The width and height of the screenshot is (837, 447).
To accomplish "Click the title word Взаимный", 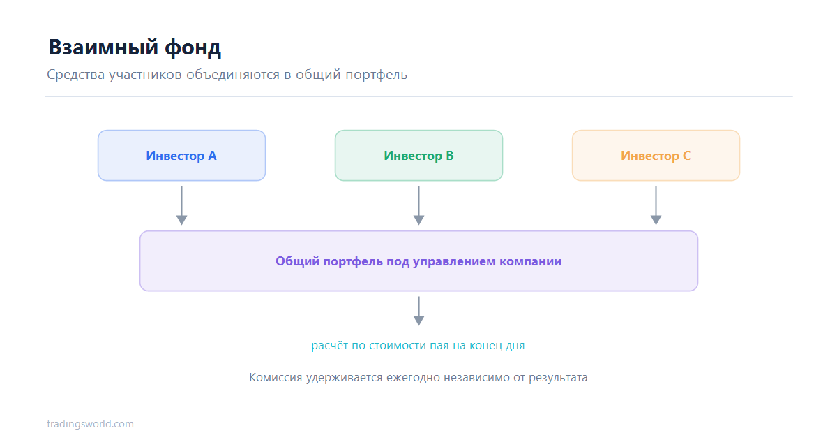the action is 103,47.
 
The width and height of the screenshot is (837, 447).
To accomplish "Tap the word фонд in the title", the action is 193,48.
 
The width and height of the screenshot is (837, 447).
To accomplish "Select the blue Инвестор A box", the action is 181,156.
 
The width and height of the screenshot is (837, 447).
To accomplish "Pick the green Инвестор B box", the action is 419,156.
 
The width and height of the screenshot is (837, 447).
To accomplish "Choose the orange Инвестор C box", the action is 656,156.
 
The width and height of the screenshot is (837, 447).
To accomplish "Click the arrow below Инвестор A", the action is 181,206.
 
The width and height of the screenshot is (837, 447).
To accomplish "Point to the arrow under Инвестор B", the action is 419,206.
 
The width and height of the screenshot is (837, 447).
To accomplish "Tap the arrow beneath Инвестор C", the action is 656,206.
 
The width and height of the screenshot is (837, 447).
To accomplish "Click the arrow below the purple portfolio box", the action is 419,312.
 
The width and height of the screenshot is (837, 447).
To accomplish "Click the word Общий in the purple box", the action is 297,261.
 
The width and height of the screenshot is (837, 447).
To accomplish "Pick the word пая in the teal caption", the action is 439,346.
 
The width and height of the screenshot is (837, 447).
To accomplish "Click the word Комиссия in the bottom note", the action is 276,377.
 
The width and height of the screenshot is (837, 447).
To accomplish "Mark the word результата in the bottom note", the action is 558,378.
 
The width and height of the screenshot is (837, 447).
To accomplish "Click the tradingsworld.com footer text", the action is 90,424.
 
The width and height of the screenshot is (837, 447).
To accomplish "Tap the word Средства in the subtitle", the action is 76,75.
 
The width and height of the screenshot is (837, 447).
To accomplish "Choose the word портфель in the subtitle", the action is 376,75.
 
